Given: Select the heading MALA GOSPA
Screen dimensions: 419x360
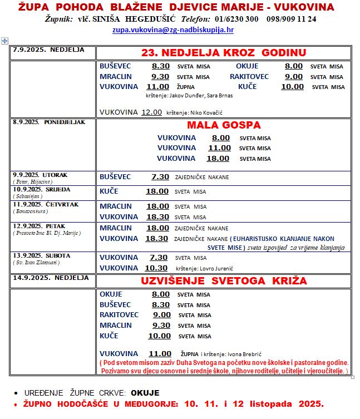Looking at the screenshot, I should click(x=224, y=125).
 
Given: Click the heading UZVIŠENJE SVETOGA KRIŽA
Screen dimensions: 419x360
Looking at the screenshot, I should click(x=224, y=281).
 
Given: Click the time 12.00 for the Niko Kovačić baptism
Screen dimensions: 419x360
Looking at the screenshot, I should click(x=152, y=112).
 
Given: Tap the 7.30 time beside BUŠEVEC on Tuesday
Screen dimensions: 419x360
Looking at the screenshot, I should click(x=160, y=177).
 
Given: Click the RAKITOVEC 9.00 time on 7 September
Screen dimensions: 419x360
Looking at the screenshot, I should click(x=294, y=76).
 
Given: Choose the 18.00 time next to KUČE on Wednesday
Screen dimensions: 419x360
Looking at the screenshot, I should click(x=157, y=191).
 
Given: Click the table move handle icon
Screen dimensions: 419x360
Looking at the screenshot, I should click(x=5, y=41).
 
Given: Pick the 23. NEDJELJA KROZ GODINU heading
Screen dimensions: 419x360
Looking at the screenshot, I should click(x=224, y=53).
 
